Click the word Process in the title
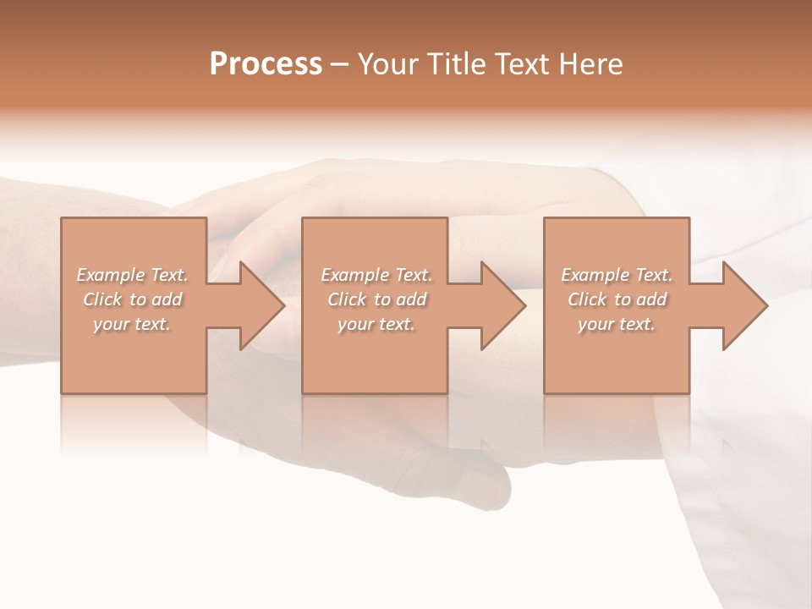coord(266,64)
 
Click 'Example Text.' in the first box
coord(132,275)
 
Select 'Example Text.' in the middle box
coord(376,275)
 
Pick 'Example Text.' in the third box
coord(617,275)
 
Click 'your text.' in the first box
coord(132,324)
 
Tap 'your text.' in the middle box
coord(376,324)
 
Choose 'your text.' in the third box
coord(617,324)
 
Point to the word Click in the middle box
coord(347,299)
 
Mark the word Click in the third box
coord(587,299)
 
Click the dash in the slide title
coord(340,64)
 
